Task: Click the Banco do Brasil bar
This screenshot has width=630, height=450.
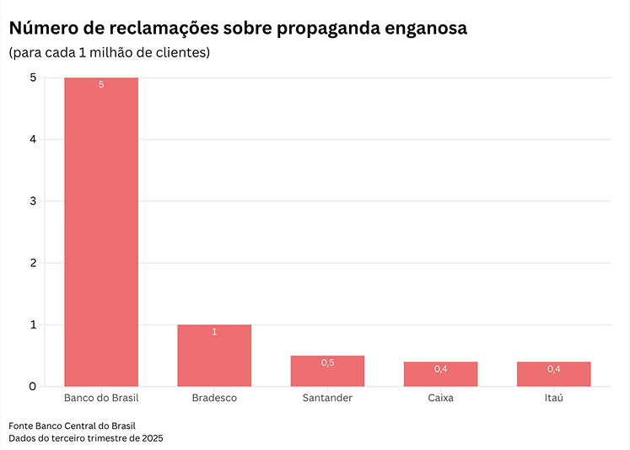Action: tap(101, 232)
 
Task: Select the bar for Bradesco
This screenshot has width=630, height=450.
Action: tap(214, 356)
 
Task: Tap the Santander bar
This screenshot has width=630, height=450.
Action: tap(327, 372)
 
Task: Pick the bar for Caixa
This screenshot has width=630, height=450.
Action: tap(440, 374)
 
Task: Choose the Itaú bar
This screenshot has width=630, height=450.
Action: tap(553, 374)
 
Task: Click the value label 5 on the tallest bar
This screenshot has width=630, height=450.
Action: tap(101, 85)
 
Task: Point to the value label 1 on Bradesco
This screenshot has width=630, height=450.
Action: tap(214, 332)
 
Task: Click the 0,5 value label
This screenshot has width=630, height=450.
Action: tap(327, 362)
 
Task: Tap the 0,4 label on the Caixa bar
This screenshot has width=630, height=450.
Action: tap(440, 369)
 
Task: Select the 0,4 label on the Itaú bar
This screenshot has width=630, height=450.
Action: tap(553, 369)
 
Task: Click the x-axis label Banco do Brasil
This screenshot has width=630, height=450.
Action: tap(101, 398)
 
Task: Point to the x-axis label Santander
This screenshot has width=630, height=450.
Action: tap(327, 398)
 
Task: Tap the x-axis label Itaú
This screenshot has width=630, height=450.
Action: tap(553, 398)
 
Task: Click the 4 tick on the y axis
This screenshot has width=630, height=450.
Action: tap(32, 139)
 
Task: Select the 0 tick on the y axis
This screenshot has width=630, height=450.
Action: tap(32, 387)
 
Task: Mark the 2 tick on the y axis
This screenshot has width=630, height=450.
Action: tap(32, 263)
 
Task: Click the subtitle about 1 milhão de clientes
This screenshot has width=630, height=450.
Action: tap(110, 53)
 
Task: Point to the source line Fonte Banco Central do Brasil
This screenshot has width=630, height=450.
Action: tap(72, 426)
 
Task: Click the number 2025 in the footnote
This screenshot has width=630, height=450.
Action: tap(152, 438)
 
